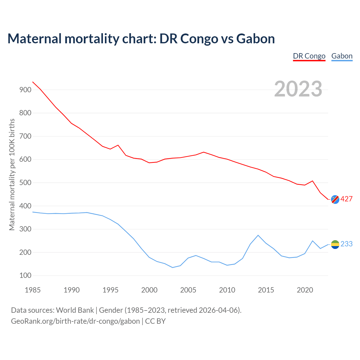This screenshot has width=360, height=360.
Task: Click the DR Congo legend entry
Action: (x=309, y=56)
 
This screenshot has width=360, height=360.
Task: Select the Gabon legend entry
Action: (x=342, y=56)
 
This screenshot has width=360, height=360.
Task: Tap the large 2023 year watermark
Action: (x=298, y=89)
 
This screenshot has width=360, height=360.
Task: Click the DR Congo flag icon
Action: (x=335, y=199)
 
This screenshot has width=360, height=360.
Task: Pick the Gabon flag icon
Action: (x=335, y=244)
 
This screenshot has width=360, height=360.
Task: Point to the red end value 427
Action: (x=346, y=199)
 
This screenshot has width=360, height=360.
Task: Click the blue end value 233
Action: (x=346, y=244)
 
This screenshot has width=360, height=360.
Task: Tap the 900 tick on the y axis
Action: (x=25, y=90)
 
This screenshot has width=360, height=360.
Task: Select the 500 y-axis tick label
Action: (x=25, y=183)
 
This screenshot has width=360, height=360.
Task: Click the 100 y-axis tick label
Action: (x=25, y=276)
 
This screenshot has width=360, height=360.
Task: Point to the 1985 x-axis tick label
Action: (x=33, y=290)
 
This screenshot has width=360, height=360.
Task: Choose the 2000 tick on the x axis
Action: (x=149, y=290)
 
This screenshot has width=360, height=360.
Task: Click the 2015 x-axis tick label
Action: (x=266, y=290)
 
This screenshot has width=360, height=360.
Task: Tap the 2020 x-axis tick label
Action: (x=305, y=290)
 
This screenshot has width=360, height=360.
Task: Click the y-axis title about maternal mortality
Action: (x=12, y=175)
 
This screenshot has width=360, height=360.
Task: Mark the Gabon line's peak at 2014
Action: (x=258, y=235)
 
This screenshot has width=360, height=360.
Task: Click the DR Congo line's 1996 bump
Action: (x=118, y=145)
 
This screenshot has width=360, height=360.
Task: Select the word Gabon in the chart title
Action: (x=255, y=39)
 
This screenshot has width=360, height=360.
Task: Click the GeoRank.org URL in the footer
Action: (x=75, y=321)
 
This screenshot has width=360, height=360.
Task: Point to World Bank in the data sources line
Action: (x=75, y=310)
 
